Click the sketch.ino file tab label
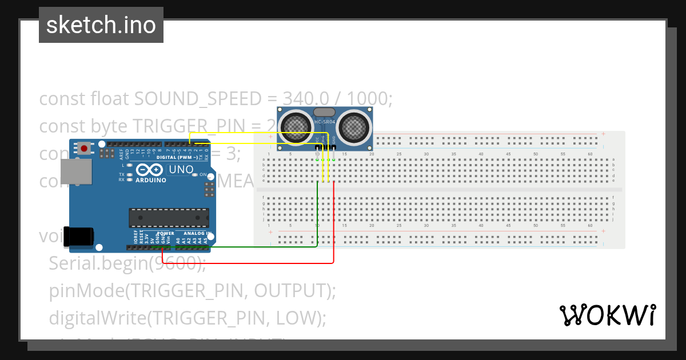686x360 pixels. click(x=101, y=25)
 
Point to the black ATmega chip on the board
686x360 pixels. click(x=169, y=218)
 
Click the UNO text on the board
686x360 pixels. click(x=180, y=170)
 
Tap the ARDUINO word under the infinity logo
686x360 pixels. click(x=150, y=180)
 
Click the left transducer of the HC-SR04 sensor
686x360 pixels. click(x=296, y=125)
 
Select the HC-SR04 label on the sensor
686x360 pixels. click(x=325, y=121)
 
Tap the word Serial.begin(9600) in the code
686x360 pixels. click(x=127, y=263)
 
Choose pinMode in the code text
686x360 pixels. click(x=86, y=290)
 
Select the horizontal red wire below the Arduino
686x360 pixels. click(x=246, y=263)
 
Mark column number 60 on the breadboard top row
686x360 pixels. click(x=590, y=154)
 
